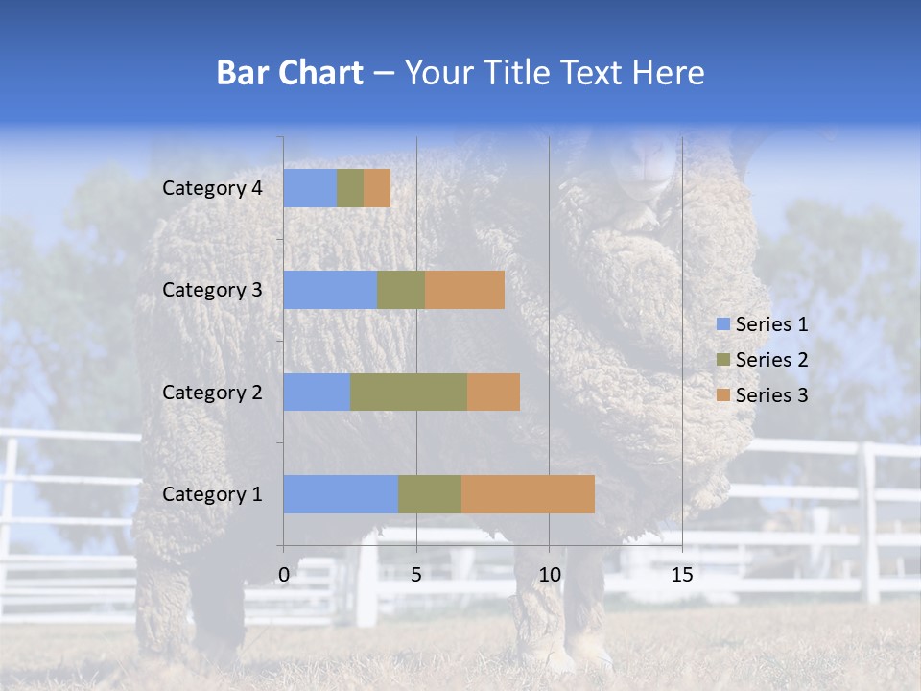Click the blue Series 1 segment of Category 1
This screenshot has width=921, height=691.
(x=340, y=494)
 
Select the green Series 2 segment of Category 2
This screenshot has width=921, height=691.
(x=408, y=392)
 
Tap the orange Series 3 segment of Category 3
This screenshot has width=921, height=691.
(x=464, y=290)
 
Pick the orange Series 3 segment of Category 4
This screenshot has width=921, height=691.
(x=377, y=188)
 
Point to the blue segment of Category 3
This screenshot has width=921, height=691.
(x=330, y=290)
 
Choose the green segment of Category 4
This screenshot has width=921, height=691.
(x=350, y=188)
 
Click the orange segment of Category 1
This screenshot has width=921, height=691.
(x=528, y=494)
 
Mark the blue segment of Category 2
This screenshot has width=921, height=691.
(x=317, y=392)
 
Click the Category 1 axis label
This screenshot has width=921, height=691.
(x=212, y=494)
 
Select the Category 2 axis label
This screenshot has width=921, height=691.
(x=212, y=392)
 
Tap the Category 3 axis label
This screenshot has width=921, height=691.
(x=212, y=290)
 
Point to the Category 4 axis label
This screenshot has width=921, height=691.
(x=212, y=188)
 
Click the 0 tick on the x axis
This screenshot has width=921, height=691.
(x=284, y=575)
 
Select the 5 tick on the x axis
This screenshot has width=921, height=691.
(x=416, y=575)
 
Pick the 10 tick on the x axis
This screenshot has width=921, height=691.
(x=549, y=575)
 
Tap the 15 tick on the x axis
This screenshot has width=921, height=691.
(x=681, y=575)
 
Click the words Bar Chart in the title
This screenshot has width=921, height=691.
(x=290, y=73)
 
